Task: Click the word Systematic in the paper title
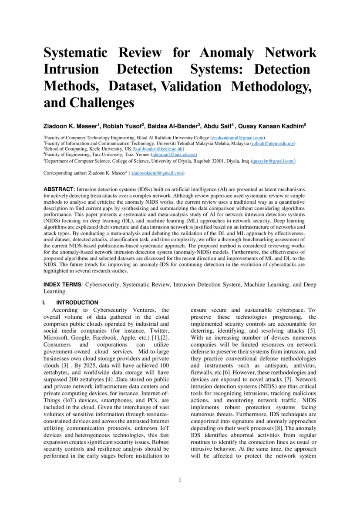75,53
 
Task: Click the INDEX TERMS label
62,285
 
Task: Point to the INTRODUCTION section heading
77,303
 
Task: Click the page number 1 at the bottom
180,480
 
